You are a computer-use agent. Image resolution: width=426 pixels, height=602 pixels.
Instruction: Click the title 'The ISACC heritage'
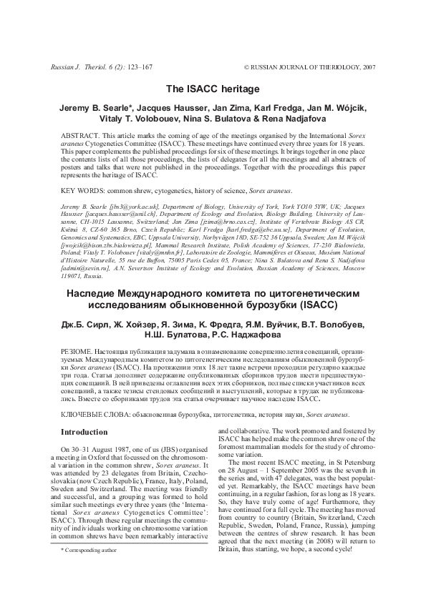tap(213, 89)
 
